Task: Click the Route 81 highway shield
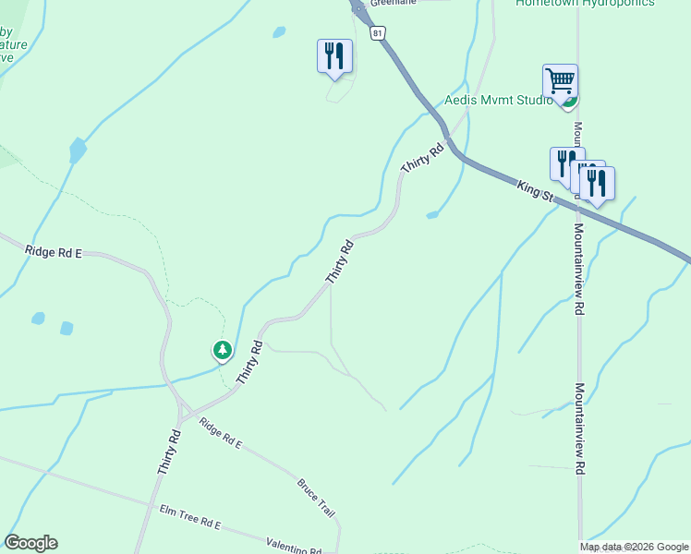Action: [x=377, y=33]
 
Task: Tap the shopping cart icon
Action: [x=560, y=81]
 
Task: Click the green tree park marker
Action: [x=222, y=350]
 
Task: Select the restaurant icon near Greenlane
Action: [x=333, y=56]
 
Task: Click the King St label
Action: [x=535, y=191]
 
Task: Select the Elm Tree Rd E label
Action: [x=190, y=517]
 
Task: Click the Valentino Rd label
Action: [x=293, y=548]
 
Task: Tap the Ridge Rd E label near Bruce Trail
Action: [x=220, y=436]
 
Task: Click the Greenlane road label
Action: [x=394, y=3]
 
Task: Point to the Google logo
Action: [x=30, y=543]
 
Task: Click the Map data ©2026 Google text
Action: [x=635, y=547]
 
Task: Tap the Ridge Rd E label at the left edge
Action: [x=54, y=251]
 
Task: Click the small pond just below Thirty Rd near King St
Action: [x=431, y=215]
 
